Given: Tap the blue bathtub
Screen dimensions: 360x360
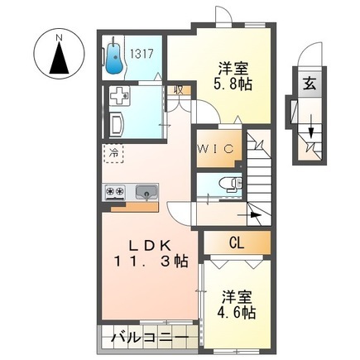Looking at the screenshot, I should point(114,56).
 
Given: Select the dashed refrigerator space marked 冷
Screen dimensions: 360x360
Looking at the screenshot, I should point(113,153).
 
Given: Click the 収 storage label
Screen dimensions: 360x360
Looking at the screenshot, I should point(177,89).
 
